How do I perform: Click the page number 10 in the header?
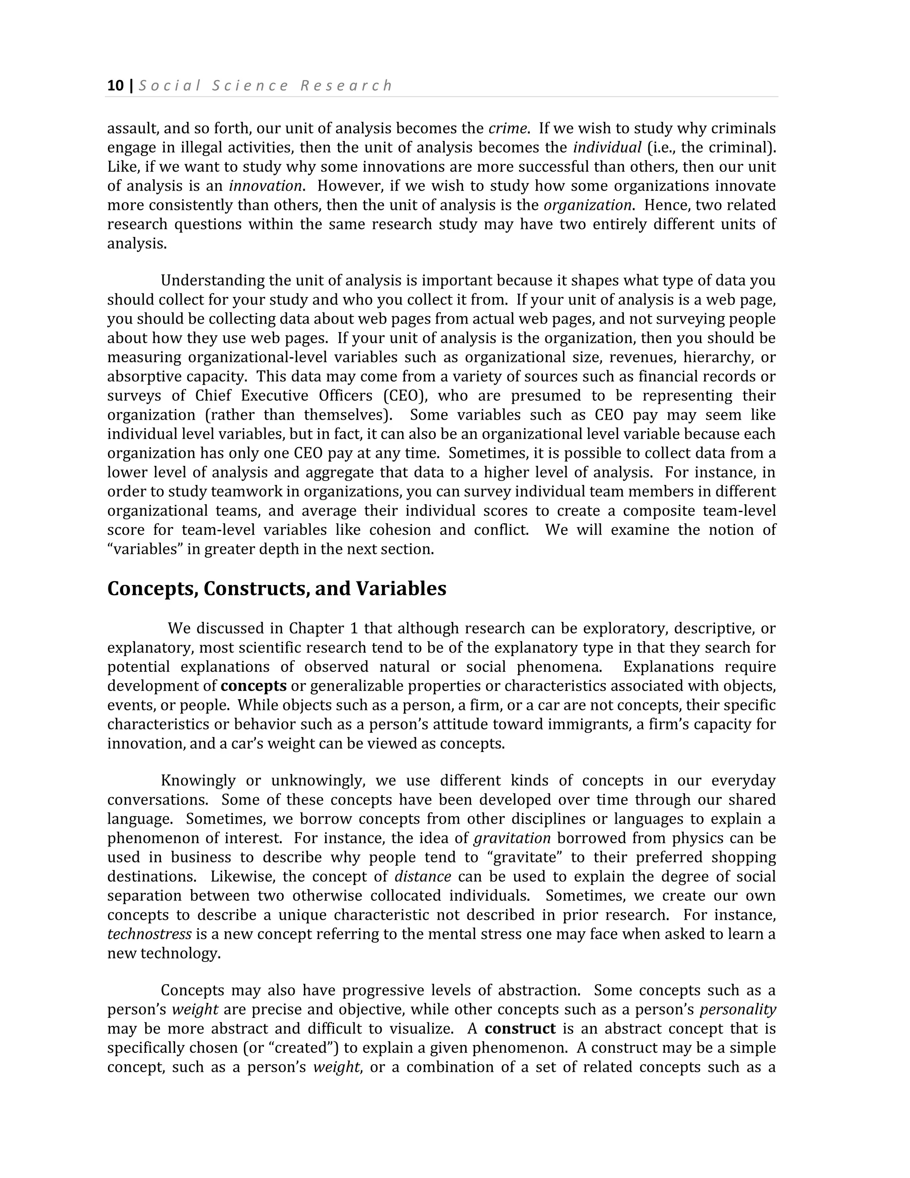tap(116, 86)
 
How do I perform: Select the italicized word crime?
tap(507, 128)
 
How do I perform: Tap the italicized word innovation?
tap(265, 186)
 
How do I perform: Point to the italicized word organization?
tap(587, 205)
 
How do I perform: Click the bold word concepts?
tap(253, 686)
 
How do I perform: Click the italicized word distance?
tap(423, 877)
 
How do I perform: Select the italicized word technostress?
tap(149, 934)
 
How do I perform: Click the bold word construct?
tap(520, 1029)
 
